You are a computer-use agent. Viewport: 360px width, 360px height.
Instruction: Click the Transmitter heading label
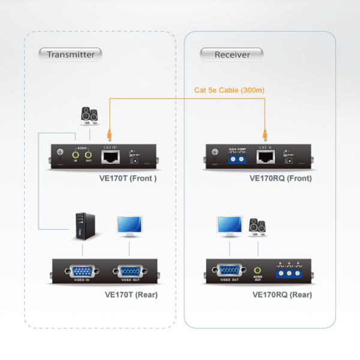coord(71,54)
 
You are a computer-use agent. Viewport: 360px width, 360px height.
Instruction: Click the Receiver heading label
coord(232,54)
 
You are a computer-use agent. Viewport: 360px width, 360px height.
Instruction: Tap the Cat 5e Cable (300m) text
coord(229,90)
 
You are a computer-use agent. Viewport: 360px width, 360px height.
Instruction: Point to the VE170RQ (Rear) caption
coord(282,295)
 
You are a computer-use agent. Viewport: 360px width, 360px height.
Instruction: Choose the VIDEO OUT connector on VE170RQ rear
coord(229,271)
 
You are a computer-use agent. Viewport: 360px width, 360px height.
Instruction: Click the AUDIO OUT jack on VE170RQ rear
coord(257,271)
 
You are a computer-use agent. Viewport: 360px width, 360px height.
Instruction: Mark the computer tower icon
coord(83,227)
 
